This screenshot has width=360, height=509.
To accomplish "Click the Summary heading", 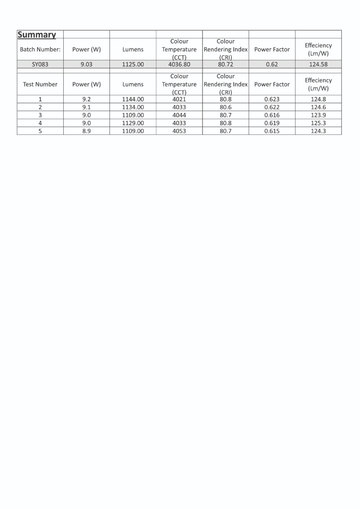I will click(37, 35).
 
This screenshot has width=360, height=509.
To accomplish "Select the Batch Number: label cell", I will click(40, 50).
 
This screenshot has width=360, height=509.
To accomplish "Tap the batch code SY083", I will click(40, 64).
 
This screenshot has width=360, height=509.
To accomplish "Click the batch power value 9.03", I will click(87, 64).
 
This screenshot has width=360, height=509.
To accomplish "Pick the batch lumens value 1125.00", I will click(133, 64).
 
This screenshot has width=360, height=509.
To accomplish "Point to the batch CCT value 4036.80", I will click(179, 64).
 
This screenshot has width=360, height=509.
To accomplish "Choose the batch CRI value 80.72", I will click(225, 64).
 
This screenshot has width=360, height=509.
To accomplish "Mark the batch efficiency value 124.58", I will click(318, 64).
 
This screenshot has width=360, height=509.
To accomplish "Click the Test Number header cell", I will click(40, 84).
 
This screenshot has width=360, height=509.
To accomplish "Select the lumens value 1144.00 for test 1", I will click(133, 99).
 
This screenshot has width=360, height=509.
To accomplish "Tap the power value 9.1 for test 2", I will click(87, 107).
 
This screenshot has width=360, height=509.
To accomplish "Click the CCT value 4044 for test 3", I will click(179, 115).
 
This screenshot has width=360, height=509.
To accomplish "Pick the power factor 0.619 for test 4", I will click(272, 123).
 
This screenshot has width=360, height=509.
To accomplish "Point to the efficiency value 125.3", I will click(318, 123).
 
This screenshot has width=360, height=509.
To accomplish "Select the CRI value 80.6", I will click(225, 107).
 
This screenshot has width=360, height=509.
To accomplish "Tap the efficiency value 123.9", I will click(318, 115).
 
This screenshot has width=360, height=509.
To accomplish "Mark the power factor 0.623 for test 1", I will click(272, 99).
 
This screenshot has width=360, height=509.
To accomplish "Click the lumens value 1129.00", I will click(133, 123).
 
